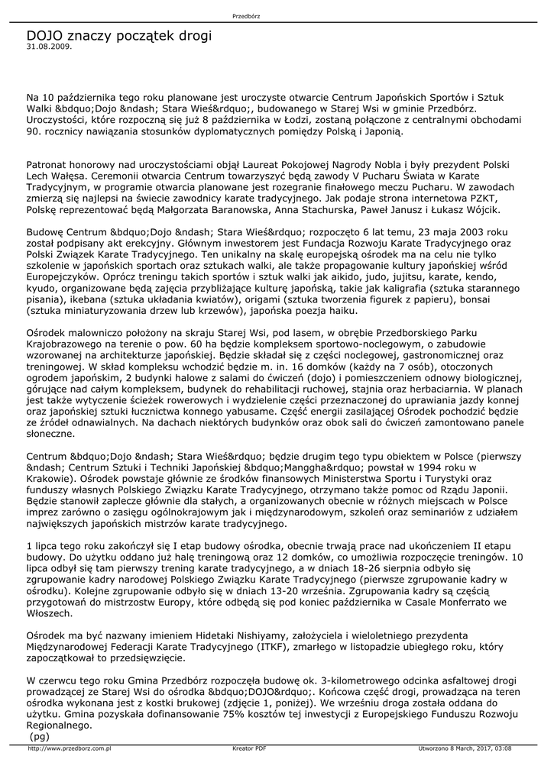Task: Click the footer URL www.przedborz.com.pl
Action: coord(70,748)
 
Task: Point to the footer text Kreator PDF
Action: coord(249,748)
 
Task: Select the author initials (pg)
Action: coord(38,736)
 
